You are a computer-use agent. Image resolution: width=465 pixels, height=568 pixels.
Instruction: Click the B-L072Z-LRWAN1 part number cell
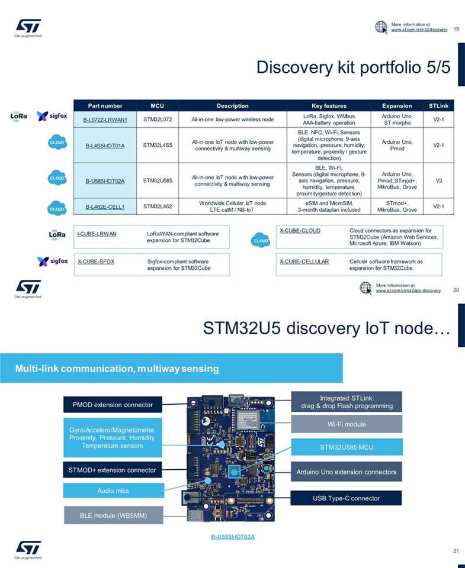[105, 120]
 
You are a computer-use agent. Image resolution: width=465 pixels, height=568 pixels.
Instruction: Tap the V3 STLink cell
[439, 180]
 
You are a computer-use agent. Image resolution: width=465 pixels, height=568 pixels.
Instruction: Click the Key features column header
[329, 106]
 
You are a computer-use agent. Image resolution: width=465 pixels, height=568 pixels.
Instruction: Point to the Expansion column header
[397, 106]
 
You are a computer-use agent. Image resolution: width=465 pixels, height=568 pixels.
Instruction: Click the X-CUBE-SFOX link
[96, 261]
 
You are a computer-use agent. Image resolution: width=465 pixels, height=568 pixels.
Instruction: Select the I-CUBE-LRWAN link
[97, 234]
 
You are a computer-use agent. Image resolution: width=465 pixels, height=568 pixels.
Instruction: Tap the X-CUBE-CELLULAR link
[304, 261]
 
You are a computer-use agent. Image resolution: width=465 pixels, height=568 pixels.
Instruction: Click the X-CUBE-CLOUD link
[300, 230]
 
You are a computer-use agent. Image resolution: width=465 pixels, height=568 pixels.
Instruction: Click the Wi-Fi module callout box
[347, 424]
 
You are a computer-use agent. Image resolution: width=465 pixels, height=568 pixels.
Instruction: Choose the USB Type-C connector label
[347, 498]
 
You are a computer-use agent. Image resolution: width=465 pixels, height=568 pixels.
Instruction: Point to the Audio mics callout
[113, 490]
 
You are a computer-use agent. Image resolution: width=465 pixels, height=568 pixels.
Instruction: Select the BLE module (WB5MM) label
[113, 515]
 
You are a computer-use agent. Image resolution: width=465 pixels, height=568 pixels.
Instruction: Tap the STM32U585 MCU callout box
[347, 447]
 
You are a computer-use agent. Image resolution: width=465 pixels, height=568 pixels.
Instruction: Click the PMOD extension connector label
[113, 405]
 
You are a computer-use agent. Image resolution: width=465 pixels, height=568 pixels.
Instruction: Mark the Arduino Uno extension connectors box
[347, 472]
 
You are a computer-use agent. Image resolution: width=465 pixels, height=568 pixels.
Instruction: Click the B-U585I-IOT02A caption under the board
[233, 537]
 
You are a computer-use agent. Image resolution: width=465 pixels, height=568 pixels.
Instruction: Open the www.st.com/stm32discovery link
[419, 29]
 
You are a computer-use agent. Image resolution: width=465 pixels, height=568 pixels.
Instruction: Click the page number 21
[456, 551]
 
